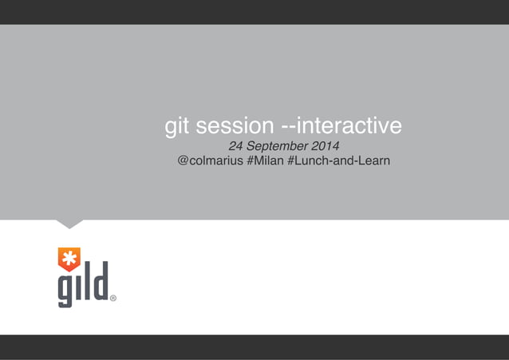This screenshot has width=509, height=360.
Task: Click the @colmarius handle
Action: point(211,162)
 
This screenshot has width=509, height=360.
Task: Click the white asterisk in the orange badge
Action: point(69,259)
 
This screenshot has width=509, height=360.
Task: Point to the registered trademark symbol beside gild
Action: point(113,299)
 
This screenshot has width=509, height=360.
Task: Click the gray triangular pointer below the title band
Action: point(69,224)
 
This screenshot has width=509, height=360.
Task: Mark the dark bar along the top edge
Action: point(254,11)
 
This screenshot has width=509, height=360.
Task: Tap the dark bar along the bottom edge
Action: point(254,347)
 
